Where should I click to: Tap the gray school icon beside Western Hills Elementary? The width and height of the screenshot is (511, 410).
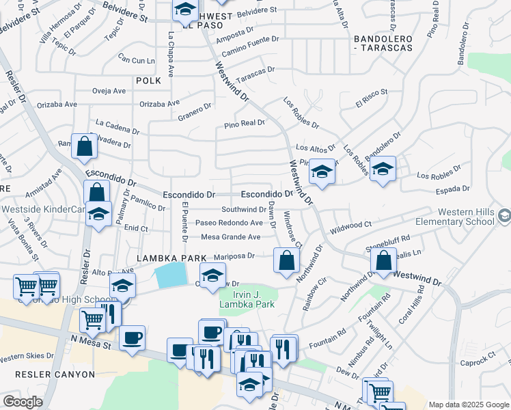504,217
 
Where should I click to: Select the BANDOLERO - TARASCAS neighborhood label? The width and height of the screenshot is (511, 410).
392,42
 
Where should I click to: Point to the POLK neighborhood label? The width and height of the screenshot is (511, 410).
148,81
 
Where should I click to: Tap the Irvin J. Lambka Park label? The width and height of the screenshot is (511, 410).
250,299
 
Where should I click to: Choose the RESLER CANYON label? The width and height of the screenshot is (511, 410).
38,374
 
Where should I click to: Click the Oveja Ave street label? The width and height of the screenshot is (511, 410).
109,91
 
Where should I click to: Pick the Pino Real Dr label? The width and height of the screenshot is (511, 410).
244,124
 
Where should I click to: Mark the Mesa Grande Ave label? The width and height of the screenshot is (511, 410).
230,237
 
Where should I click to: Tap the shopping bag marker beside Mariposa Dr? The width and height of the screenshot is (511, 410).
286,259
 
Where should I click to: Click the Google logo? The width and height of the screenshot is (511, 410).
23,402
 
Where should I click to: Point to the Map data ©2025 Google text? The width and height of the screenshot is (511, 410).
468,405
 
